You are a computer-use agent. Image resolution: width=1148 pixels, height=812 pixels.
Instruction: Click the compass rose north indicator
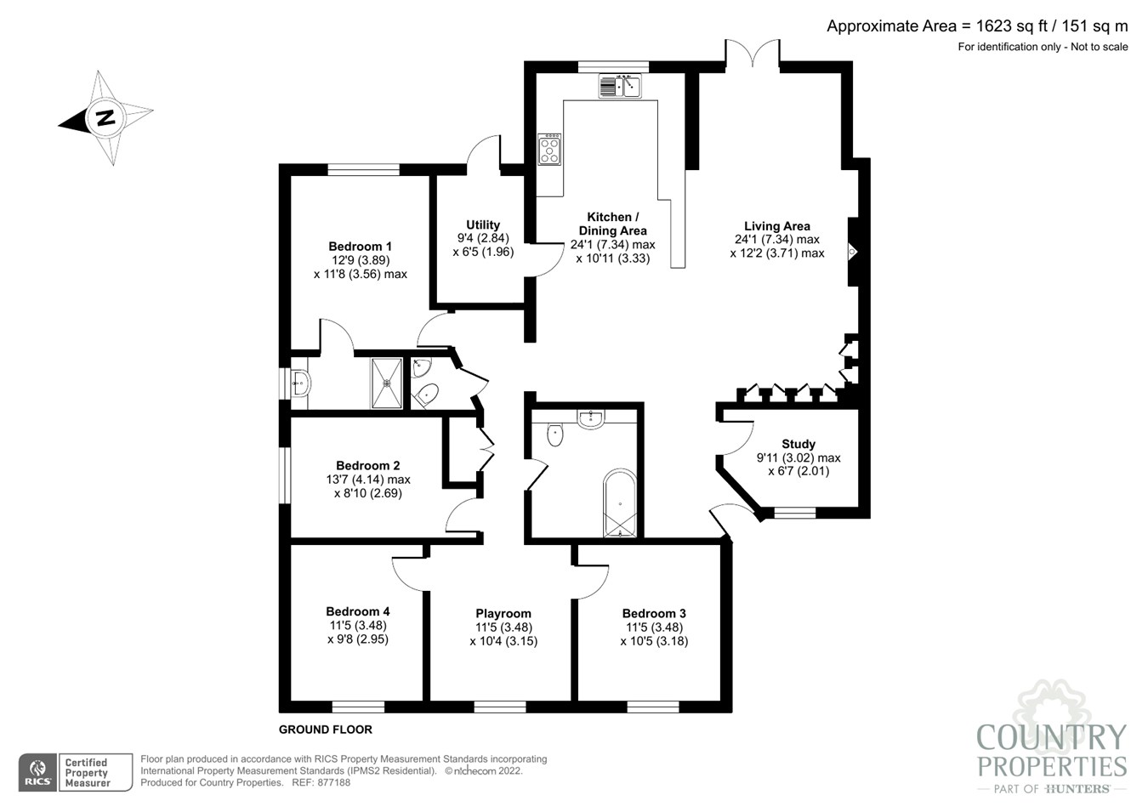105,117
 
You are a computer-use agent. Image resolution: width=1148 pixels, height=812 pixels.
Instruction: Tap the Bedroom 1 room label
360,247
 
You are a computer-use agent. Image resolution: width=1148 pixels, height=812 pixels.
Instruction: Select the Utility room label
483,225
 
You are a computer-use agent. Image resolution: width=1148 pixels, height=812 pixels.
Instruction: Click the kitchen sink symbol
620,86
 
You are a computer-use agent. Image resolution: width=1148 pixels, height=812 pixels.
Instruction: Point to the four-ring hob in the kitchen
549,150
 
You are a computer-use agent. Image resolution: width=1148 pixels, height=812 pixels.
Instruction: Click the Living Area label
776,226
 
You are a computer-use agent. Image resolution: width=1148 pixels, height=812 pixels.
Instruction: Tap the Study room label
798,444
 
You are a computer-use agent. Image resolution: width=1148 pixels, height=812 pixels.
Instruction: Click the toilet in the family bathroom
555,434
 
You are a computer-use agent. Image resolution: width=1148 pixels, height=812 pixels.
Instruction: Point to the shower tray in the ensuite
387,383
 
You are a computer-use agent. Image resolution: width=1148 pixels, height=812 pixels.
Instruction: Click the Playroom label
503,613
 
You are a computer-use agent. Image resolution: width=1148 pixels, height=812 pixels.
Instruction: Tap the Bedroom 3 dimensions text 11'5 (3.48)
654,627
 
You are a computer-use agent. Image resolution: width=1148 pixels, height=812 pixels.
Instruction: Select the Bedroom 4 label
358,611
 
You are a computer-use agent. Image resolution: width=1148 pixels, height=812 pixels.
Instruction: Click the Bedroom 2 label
367,465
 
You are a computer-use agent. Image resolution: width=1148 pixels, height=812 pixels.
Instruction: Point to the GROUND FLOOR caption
326,730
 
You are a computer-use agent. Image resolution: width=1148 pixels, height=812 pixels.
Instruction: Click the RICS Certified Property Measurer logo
77,772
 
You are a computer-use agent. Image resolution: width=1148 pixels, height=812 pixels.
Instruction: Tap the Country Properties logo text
1051,751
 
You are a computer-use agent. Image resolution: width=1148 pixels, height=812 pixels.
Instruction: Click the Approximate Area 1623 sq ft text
976,26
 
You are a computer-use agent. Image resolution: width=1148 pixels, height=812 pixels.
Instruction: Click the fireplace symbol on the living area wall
852,253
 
